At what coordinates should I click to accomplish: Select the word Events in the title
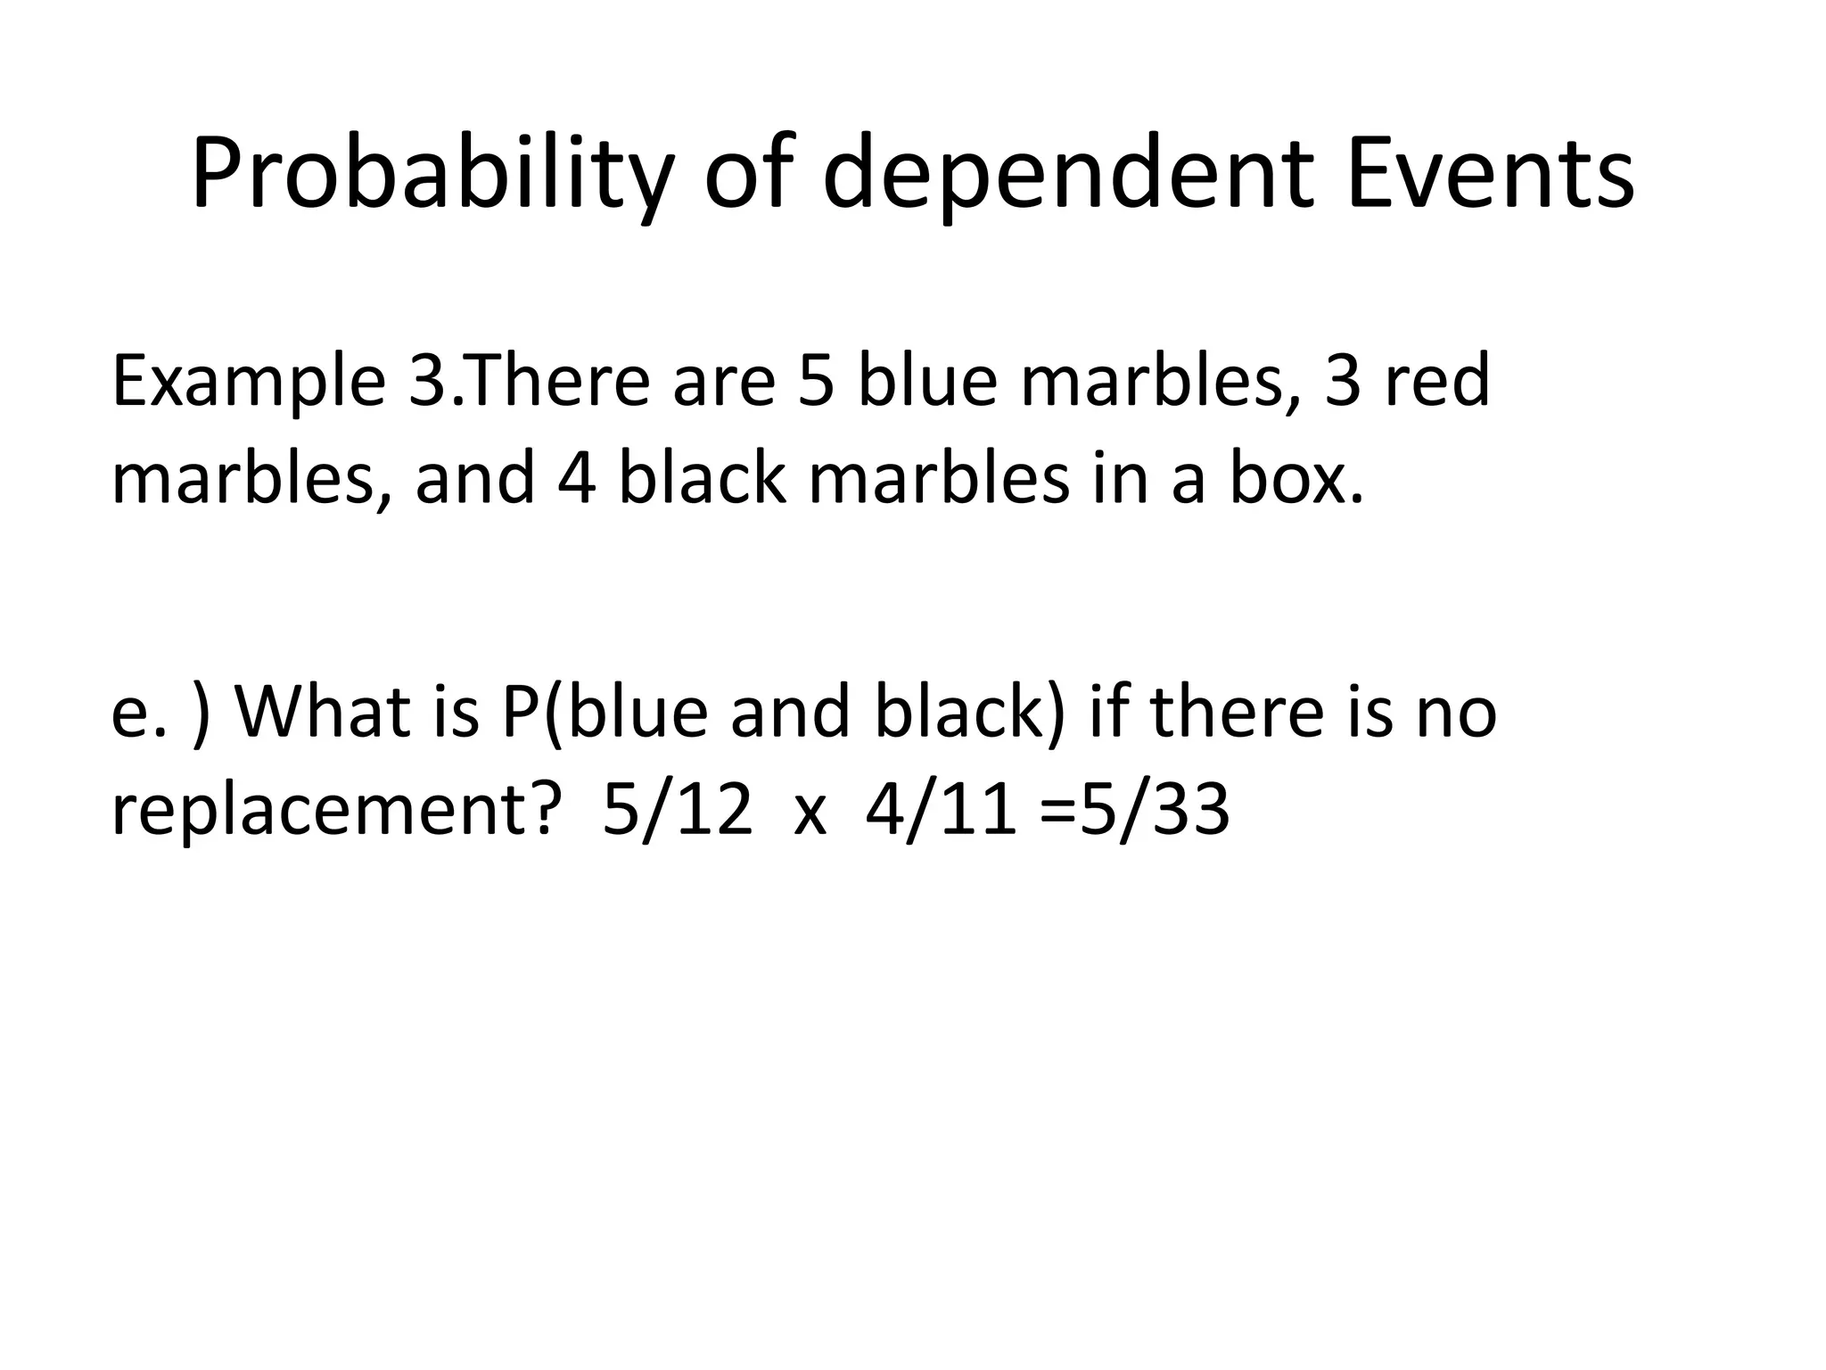[x=1492, y=175]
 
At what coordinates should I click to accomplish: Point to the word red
[x=1436, y=382]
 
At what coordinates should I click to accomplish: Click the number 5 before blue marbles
[x=815, y=382]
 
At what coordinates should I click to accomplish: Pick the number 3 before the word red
[x=1342, y=382]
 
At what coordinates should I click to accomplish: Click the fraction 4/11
[x=941, y=812]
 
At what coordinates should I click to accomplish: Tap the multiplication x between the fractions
[x=810, y=816]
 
